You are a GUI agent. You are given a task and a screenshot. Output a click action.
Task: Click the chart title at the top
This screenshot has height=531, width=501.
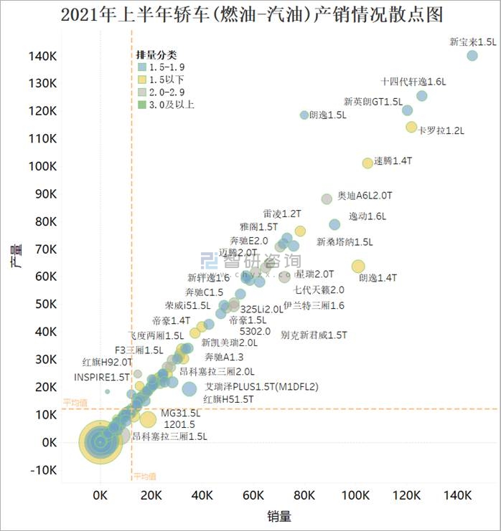pos(250,15)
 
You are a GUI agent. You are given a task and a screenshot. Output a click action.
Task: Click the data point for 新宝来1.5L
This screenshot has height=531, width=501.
pos(472,56)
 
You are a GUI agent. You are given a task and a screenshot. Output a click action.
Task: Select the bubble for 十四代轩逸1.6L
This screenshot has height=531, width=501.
pos(422,96)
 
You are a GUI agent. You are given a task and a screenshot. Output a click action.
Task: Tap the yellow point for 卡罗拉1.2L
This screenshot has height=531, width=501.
pos(411,127)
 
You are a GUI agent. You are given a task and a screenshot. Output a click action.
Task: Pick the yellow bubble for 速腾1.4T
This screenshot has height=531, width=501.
pos(367,163)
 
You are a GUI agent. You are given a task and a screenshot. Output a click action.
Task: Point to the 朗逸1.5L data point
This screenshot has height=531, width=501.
pos(304,115)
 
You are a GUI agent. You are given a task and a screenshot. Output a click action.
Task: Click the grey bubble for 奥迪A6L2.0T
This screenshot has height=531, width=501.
pos(327,198)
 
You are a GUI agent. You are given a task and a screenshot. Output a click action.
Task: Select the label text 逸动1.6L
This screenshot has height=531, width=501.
pos(367,216)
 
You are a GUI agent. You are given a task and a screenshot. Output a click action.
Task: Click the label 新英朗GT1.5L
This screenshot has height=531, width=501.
pos(373,102)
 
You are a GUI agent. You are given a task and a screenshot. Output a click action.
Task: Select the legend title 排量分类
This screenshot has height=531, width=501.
pos(156,54)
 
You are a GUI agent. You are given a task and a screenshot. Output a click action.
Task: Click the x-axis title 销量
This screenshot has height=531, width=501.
pos(279,515)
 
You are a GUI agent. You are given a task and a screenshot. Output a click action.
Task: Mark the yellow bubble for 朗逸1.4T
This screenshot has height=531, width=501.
pos(358,266)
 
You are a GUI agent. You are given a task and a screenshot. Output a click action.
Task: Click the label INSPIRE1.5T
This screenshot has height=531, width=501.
pos(102,376)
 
